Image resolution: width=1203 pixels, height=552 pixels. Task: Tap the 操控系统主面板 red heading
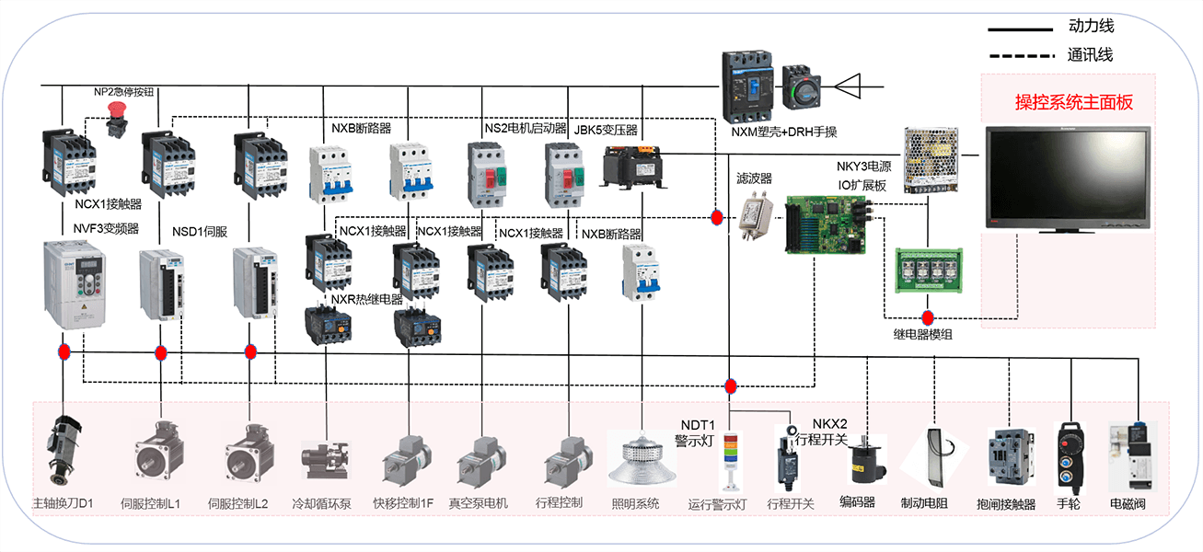tap(1073, 102)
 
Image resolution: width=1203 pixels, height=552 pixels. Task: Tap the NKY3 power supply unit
tap(931, 159)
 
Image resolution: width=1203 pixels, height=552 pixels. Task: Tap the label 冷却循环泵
tap(321, 504)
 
